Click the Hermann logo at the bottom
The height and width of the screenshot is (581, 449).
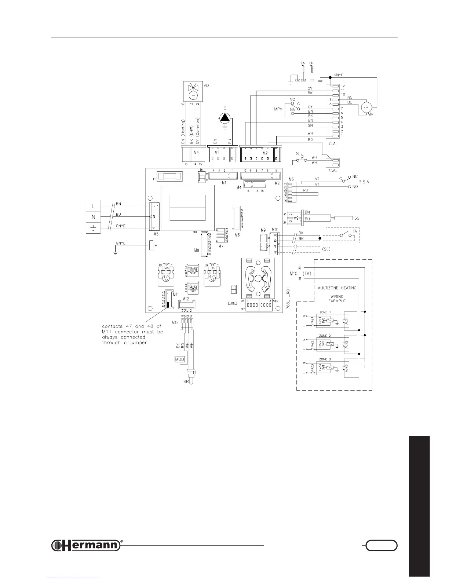pos(86,545)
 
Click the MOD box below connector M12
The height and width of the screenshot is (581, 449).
pos(180,359)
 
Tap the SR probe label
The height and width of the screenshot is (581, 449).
pos(186,382)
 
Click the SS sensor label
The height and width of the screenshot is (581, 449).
pos(357,218)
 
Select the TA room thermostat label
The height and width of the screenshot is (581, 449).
pos(355,231)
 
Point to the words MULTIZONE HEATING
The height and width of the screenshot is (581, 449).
pos(337,288)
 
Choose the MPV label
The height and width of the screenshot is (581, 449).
pos(278,109)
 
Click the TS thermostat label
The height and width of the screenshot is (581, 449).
pos(296,154)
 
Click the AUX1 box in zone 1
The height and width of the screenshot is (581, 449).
pos(346,320)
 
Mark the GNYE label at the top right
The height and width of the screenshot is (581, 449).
pos(338,75)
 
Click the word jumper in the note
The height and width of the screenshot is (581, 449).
pos(139,343)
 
